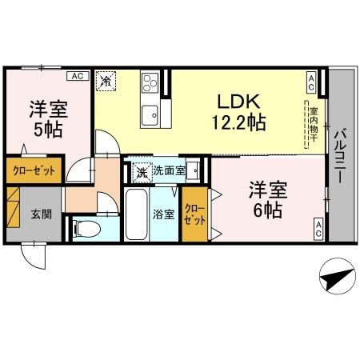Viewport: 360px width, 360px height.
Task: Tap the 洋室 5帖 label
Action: coord(48,118)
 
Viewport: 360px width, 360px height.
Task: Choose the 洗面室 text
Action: coord(169,170)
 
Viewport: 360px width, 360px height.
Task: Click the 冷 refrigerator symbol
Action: coord(106,79)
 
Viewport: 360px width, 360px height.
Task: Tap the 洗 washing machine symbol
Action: coord(142,170)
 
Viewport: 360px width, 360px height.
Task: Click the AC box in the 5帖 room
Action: coord(77,76)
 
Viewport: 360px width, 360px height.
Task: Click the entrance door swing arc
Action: coord(34,258)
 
